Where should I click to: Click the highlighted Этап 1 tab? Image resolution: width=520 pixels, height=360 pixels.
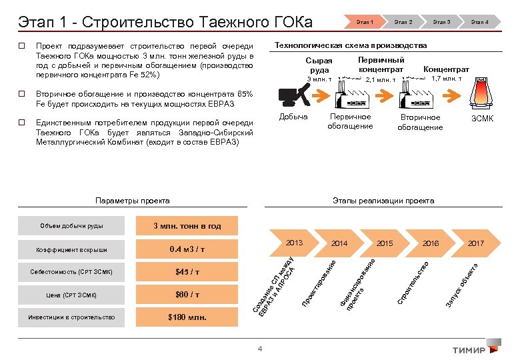click(x=364, y=22)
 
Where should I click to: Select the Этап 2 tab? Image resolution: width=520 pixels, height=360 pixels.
click(x=403, y=22)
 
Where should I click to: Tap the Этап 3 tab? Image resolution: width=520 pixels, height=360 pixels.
click(x=441, y=22)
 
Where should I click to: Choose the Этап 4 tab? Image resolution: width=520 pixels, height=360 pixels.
click(x=479, y=22)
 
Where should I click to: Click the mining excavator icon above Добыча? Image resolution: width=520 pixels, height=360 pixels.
click(x=293, y=97)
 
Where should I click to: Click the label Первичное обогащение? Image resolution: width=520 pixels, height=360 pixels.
click(x=350, y=122)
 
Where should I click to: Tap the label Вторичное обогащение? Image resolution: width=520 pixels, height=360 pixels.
click(x=420, y=123)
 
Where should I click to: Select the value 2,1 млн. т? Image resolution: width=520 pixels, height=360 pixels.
click(x=381, y=81)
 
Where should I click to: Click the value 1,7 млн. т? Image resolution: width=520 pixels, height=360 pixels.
click(x=447, y=79)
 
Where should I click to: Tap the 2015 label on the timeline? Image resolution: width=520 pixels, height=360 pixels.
click(x=385, y=243)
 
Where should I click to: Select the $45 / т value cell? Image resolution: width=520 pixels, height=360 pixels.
click(x=187, y=272)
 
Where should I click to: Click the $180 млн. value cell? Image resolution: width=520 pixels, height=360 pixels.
click(x=187, y=317)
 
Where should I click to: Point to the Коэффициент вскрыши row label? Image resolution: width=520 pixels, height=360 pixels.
click(x=71, y=249)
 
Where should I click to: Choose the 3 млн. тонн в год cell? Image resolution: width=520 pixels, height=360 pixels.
click(x=187, y=226)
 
